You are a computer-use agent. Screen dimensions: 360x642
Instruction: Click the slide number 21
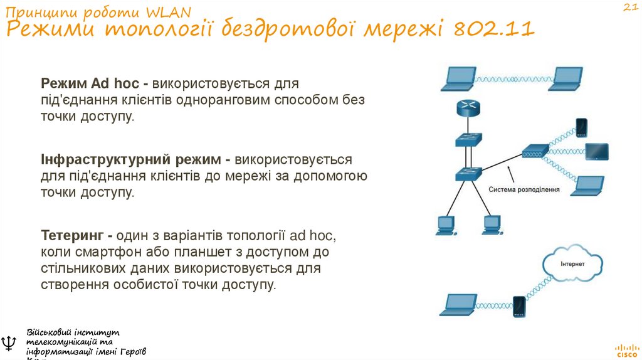629,7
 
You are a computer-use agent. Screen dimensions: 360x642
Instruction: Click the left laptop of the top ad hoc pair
459,77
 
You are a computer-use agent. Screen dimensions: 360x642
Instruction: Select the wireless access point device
535,151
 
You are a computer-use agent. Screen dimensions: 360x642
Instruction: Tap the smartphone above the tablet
581,127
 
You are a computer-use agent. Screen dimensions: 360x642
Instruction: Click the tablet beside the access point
596,151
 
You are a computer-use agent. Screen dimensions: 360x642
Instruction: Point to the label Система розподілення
524,189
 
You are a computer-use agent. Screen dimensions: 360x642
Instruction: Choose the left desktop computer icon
446,225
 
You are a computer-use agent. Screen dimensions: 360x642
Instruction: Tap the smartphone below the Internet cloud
518,307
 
